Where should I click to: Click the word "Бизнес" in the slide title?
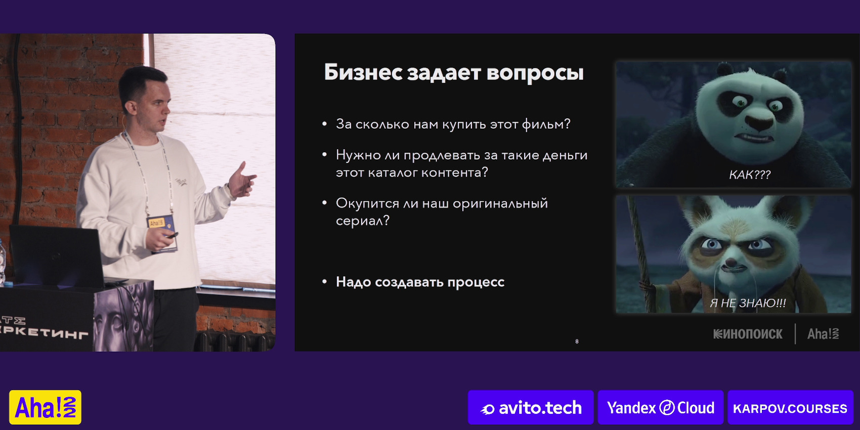363,72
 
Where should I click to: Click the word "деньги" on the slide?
565,155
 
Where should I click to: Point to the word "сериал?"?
362,221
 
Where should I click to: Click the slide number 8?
577,341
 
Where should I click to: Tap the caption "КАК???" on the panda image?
750,175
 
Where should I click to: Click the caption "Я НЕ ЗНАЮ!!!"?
748,303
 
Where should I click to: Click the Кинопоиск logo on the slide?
748,334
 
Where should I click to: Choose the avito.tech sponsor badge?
531,407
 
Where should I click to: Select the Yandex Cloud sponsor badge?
660,407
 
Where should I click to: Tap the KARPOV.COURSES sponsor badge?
790,407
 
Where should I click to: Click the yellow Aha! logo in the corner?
46,407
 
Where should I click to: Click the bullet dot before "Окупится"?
324,203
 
